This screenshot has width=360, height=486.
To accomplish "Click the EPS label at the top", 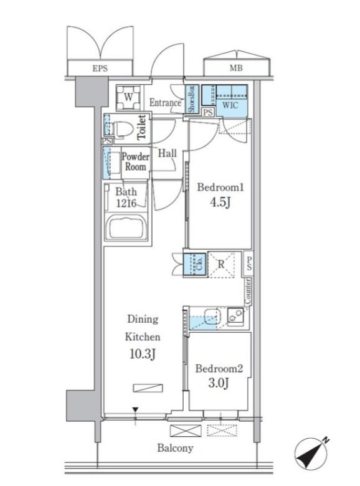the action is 100,68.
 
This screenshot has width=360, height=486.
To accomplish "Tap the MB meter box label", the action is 236,68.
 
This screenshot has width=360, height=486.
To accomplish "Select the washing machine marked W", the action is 128,97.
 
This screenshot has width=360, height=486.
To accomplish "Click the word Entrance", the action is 165,103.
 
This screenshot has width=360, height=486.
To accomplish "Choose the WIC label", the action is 230,105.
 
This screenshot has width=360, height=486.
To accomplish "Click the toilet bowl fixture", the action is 122,128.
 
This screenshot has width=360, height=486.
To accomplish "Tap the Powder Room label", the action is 135,161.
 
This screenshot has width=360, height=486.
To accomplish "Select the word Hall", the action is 168,153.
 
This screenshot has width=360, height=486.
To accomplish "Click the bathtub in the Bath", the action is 126,228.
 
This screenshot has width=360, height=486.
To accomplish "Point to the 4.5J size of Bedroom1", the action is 220,202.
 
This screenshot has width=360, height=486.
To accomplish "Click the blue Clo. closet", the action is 194,264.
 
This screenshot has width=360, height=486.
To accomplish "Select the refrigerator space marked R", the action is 221,264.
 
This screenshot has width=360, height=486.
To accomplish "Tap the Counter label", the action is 248,292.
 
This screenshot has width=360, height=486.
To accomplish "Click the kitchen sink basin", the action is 212,316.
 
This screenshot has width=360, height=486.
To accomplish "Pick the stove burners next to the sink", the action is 236,316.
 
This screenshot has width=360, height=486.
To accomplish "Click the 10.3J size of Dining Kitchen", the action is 142,354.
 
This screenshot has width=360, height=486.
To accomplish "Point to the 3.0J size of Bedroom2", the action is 219,383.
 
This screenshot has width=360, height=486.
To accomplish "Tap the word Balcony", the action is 175,448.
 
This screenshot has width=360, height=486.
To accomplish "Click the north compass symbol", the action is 311,454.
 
